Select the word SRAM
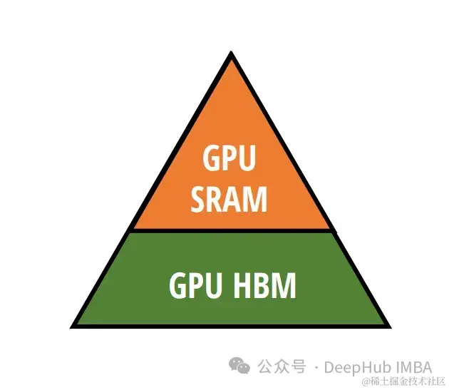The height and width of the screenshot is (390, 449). click(x=229, y=199)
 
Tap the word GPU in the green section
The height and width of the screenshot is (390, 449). click(x=194, y=285)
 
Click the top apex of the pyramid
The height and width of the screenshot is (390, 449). click(x=231, y=54)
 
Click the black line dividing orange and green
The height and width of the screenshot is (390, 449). click(x=231, y=231)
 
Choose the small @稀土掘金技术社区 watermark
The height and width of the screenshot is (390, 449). click(x=403, y=382)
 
